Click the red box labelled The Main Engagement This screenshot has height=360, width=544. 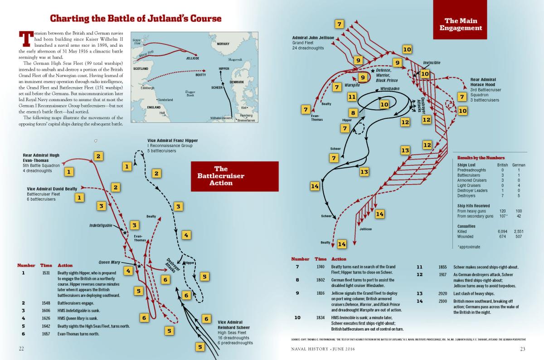(463, 24)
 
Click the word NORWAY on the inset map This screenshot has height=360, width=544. (223, 44)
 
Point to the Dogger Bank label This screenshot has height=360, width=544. (190, 93)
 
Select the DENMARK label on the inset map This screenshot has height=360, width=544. (237, 82)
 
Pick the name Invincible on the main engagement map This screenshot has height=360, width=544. (432, 63)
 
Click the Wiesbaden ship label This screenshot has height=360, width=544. (390, 88)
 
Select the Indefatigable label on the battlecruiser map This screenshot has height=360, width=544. (104, 225)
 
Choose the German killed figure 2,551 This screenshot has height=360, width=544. (519, 231)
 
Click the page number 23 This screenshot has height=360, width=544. (522, 349)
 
